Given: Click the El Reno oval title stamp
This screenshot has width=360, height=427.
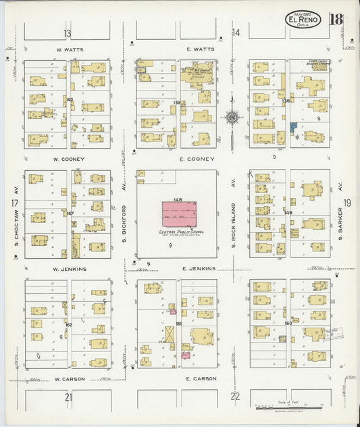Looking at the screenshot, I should point(302,19).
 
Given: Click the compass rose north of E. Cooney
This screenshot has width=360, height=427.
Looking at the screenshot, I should point(232,118).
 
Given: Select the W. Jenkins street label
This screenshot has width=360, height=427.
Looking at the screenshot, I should point(70,269).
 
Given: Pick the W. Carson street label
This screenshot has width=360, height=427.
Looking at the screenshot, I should point(70,379).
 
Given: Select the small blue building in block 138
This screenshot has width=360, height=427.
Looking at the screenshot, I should point(292,126).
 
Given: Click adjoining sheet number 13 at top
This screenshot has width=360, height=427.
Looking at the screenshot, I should point(68,33).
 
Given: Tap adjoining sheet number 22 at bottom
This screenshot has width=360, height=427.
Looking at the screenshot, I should point(235,397).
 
